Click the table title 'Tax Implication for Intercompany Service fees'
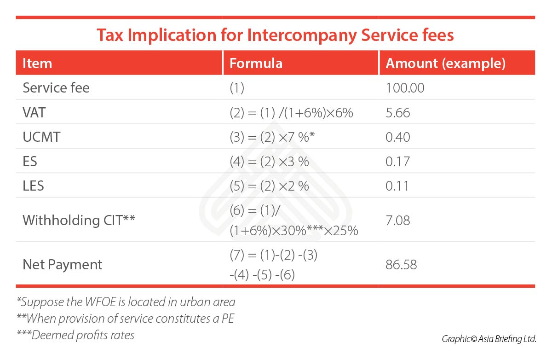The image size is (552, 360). click(275, 35)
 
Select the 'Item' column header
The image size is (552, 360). click(37, 63)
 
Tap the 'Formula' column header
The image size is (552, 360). click(256, 63)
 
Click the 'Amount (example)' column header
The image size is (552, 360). click(445, 63)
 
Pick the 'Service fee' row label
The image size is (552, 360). click(56, 88)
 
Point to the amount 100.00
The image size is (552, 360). click(405, 88)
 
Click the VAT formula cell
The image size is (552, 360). click(291, 112)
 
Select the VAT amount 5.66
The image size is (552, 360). click(398, 112)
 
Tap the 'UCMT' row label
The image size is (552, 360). click(41, 137)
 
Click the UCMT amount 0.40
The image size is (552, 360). click(398, 137)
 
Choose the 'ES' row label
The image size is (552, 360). click(30, 161)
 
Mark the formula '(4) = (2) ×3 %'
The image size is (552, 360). click(269, 161)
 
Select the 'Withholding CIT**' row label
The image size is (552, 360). click(79, 220)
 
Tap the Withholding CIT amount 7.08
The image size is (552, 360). click(398, 220)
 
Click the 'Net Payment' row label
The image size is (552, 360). click(63, 264)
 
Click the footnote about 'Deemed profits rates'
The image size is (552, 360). click(75, 335)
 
